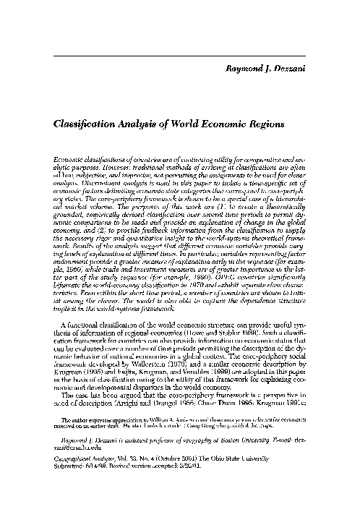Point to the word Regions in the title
pyautogui.click(x=284, y=124)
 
